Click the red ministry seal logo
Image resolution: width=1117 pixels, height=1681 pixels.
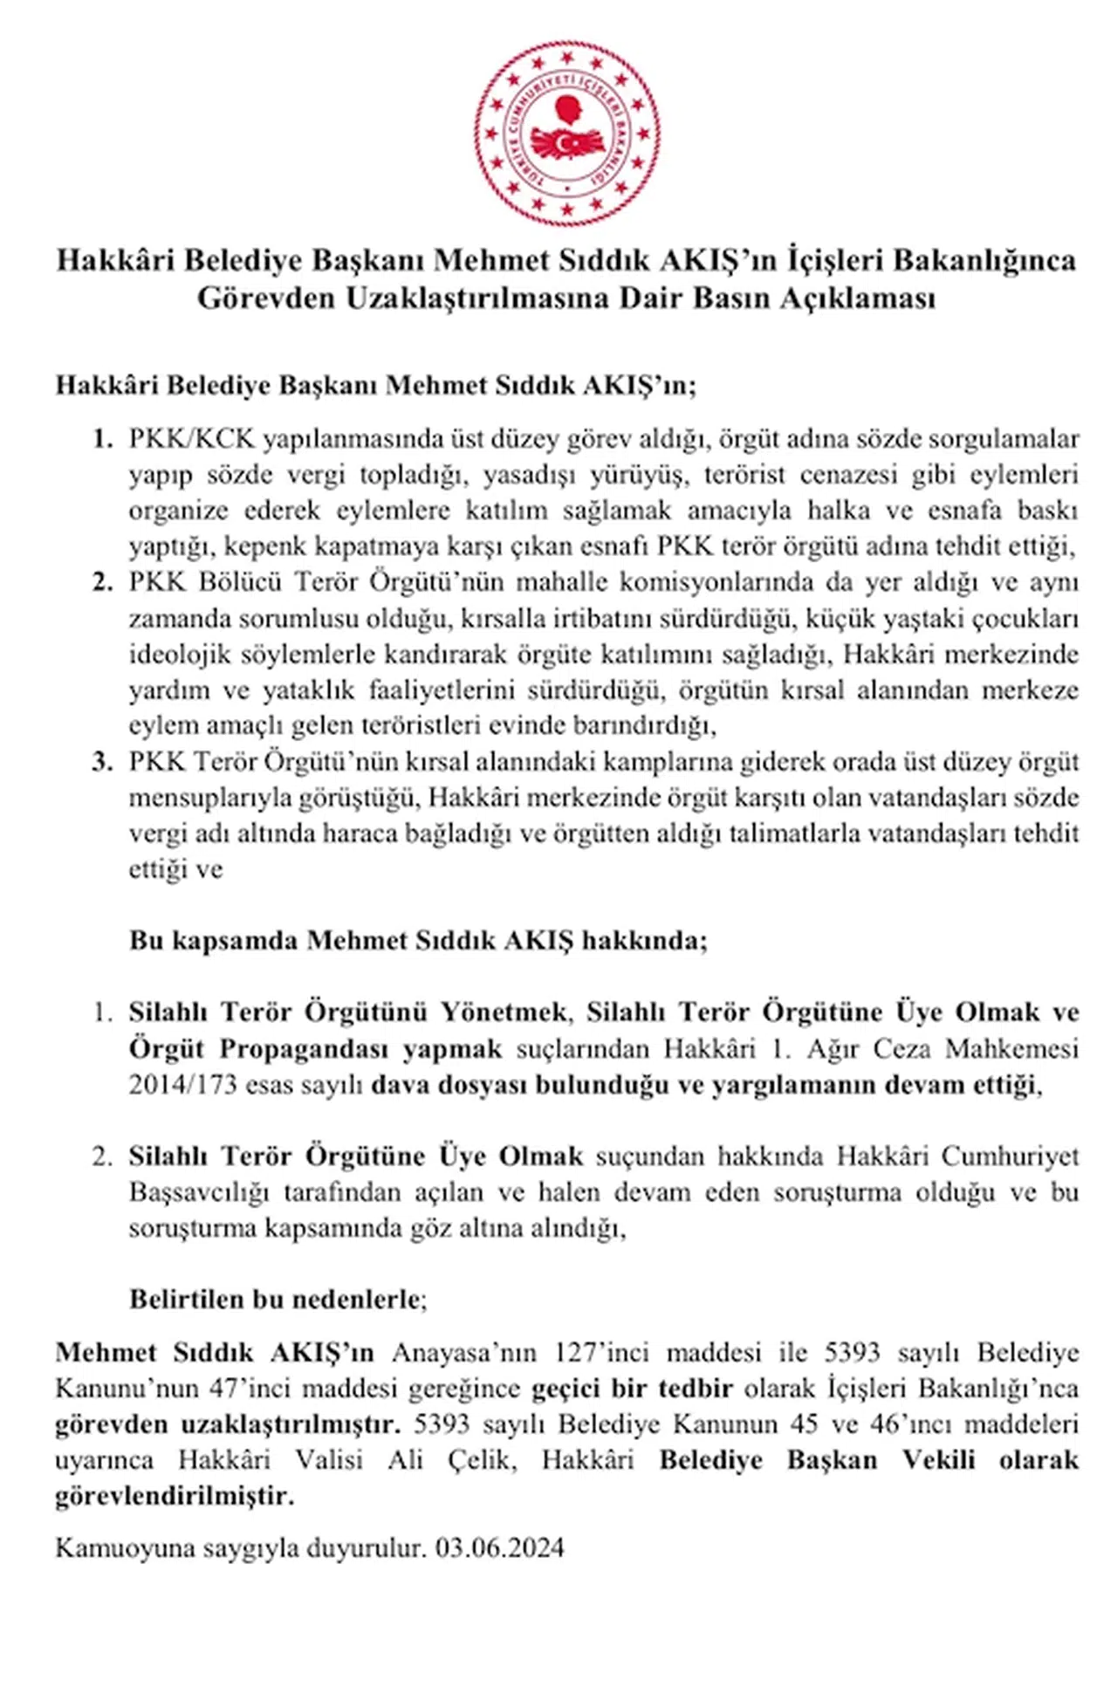pos(567,134)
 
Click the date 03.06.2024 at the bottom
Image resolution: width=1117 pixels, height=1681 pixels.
pos(500,1548)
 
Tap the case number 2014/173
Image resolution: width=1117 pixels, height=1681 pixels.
pos(182,1085)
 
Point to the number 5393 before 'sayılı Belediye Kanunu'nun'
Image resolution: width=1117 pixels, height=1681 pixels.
pos(852,1353)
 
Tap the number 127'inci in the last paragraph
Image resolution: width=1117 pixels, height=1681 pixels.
pos(601,1353)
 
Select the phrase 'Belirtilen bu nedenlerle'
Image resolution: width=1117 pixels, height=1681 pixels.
pos(276,1300)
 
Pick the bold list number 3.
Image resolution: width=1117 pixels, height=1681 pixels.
pos(102,762)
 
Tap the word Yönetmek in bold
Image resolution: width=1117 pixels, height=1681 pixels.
pos(504,1012)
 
